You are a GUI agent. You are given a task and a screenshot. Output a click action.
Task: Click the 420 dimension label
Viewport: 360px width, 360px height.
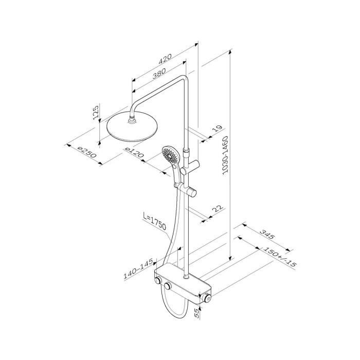pyautogui.click(x=165, y=59)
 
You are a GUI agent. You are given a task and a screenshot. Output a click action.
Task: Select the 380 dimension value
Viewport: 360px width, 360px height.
pyautogui.click(x=159, y=73)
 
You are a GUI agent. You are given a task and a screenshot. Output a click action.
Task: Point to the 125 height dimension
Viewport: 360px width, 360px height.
pyautogui.click(x=97, y=112)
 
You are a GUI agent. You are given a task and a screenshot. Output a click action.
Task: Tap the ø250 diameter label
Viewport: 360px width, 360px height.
pyautogui.click(x=87, y=153)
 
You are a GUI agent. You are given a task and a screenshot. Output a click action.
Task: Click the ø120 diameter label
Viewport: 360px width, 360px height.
pyautogui.click(x=134, y=152)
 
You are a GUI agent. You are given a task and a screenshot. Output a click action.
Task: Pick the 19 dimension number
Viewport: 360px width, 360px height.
pyautogui.click(x=218, y=129)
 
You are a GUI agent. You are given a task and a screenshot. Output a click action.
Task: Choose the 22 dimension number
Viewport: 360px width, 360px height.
pyautogui.click(x=218, y=208)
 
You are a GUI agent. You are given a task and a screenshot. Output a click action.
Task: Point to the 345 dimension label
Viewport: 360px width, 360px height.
pyautogui.click(x=267, y=234)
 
